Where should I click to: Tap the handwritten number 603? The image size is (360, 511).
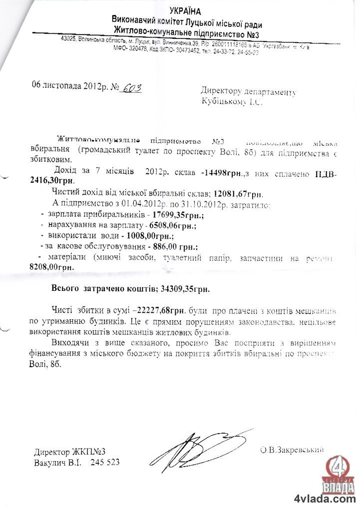click(131, 88)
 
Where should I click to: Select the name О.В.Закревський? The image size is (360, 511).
click(292, 450)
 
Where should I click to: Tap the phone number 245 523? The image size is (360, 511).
click(105, 463)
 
